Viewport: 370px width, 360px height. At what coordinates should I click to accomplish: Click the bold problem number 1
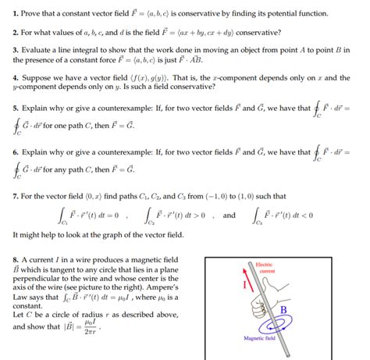pos(15,13)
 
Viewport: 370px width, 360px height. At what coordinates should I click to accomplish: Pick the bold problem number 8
pos(15,258)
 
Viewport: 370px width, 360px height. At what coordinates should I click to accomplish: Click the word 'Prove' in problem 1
pos(33,13)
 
